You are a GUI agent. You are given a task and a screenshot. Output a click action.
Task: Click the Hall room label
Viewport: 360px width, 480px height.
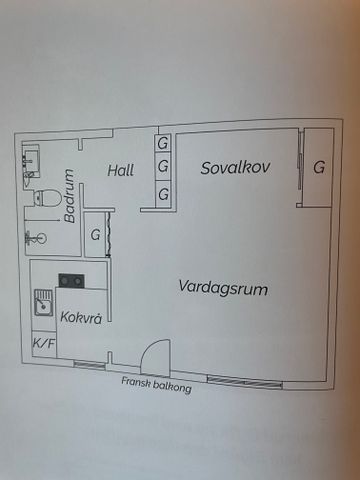click(121, 170)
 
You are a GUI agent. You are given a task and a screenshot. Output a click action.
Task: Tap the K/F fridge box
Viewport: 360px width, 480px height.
click(44, 344)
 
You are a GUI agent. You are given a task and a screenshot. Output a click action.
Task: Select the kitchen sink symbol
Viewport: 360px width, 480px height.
click(44, 302)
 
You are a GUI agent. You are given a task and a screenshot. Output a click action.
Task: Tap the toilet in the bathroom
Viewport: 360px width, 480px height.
click(42, 199)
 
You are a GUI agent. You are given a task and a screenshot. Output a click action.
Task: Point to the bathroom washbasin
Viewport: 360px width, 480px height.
click(31, 161)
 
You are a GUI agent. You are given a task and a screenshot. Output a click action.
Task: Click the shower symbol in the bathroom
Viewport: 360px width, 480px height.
click(38, 237)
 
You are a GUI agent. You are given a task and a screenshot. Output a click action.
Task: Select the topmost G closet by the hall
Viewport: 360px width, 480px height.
click(162, 145)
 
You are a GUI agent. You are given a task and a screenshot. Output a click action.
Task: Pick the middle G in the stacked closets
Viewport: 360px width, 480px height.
click(162, 167)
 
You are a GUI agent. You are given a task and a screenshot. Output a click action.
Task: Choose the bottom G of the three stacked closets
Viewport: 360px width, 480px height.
click(162, 191)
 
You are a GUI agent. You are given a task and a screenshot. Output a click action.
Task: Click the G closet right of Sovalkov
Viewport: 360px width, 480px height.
click(318, 167)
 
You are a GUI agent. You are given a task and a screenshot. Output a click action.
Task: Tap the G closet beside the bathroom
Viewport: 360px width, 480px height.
click(95, 236)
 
